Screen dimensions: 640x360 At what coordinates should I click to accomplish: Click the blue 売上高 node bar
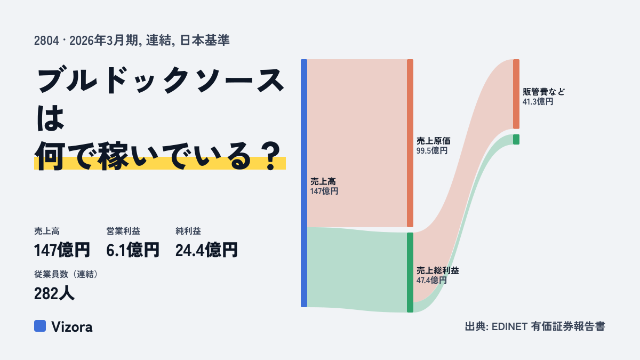304,183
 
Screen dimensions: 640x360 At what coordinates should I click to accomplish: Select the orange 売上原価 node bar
410,143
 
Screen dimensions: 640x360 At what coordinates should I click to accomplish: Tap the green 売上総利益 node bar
410,273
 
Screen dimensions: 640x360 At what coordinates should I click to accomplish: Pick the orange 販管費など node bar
516,94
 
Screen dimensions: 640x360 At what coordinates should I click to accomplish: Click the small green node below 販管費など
516,139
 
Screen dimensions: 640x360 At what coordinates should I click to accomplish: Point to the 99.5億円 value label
431,151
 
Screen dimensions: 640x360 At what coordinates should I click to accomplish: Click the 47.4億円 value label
431,281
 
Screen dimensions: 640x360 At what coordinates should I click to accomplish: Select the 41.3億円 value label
538,102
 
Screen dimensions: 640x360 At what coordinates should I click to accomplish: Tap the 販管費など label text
543,92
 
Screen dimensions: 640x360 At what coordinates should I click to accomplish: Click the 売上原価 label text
434,141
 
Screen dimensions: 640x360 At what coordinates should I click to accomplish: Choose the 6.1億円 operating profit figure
133,250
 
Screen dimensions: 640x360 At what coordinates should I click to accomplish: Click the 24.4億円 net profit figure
206,250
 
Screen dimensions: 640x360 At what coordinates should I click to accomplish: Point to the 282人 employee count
54,293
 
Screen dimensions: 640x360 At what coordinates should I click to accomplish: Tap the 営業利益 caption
123,231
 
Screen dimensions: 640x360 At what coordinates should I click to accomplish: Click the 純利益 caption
188,231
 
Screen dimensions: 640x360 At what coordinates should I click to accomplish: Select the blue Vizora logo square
40,326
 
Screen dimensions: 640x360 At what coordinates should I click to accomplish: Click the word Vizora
72,327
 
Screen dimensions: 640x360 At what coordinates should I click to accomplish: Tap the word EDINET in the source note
509,326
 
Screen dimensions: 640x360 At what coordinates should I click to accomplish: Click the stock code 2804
46,41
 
